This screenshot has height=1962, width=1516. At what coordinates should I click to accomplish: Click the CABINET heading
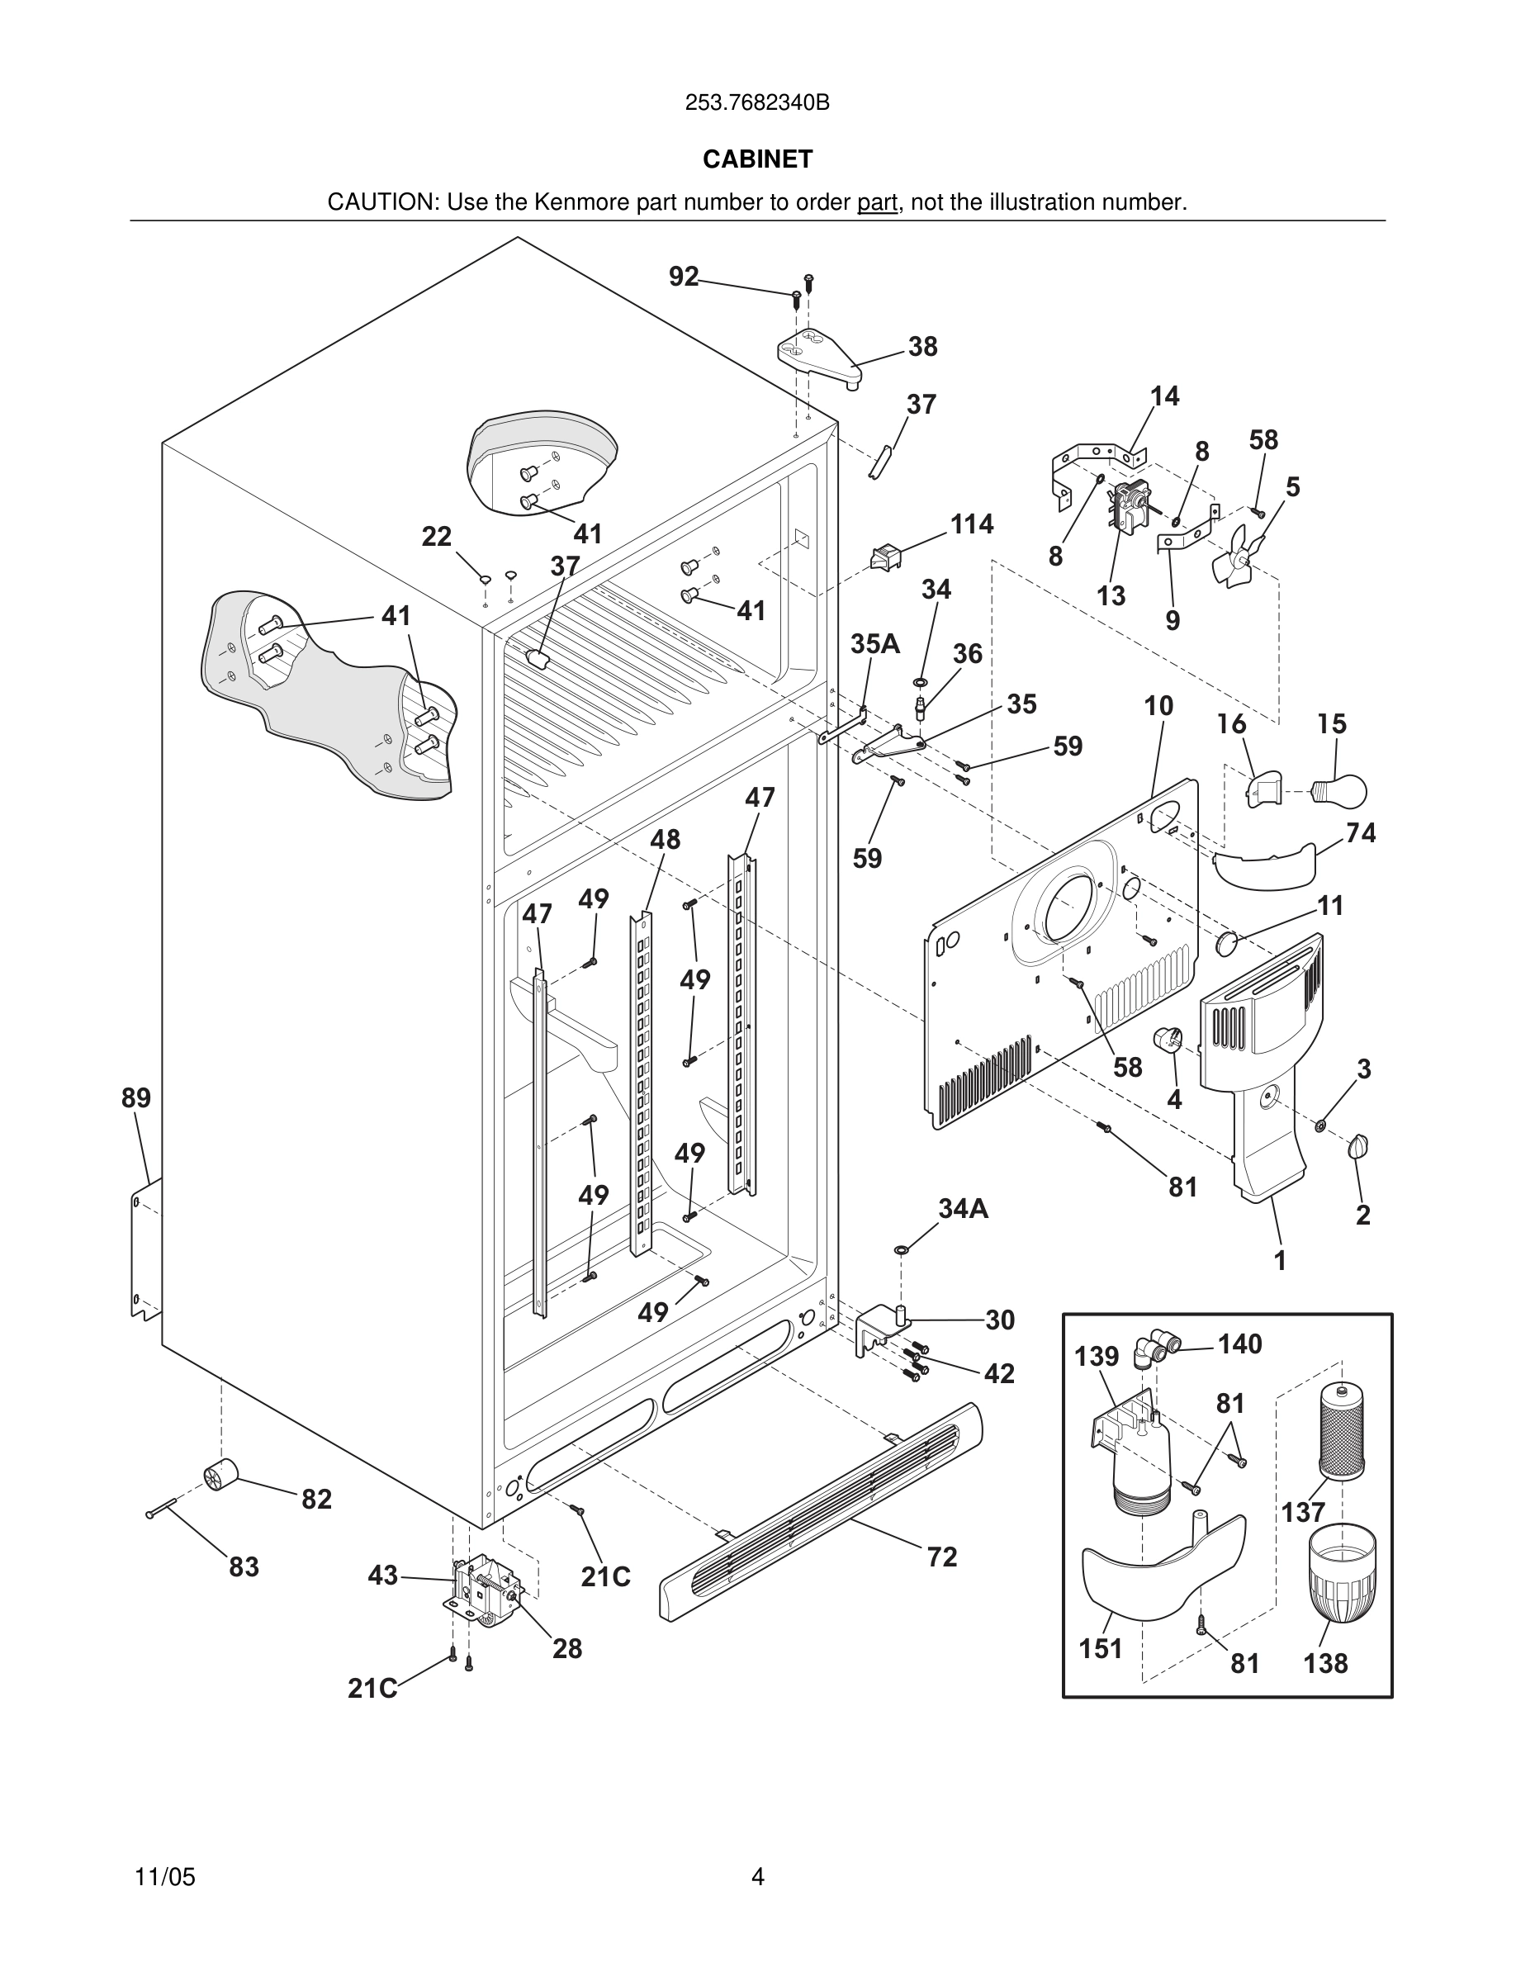point(757,159)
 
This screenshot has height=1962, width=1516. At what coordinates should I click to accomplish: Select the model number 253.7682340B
point(757,103)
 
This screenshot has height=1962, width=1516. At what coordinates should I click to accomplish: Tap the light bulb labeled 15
point(1341,790)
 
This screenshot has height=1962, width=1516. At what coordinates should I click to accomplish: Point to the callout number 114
point(972,524)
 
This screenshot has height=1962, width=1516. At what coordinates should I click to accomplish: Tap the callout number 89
point(136,1097)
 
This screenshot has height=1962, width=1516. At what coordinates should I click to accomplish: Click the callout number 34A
point(963,1209)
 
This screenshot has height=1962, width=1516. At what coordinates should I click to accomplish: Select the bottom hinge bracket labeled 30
point(882,1330)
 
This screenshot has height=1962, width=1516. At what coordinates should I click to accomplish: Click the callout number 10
point(1158,706)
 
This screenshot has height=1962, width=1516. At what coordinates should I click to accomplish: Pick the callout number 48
point(666,839)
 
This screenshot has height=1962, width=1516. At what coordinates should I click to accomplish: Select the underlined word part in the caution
point(877,203)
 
